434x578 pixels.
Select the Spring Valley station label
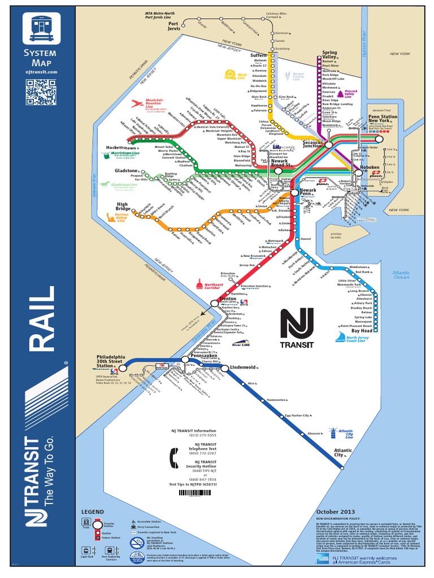click(x=329, y=55)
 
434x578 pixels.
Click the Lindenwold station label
click(x=244, y=367)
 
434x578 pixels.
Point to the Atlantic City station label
click(x=342, y=452)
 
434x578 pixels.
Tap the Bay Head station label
click(x=362, y=331)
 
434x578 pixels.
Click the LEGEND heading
click(x=93, y=511)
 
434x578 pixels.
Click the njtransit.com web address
click(x=41, y=72)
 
